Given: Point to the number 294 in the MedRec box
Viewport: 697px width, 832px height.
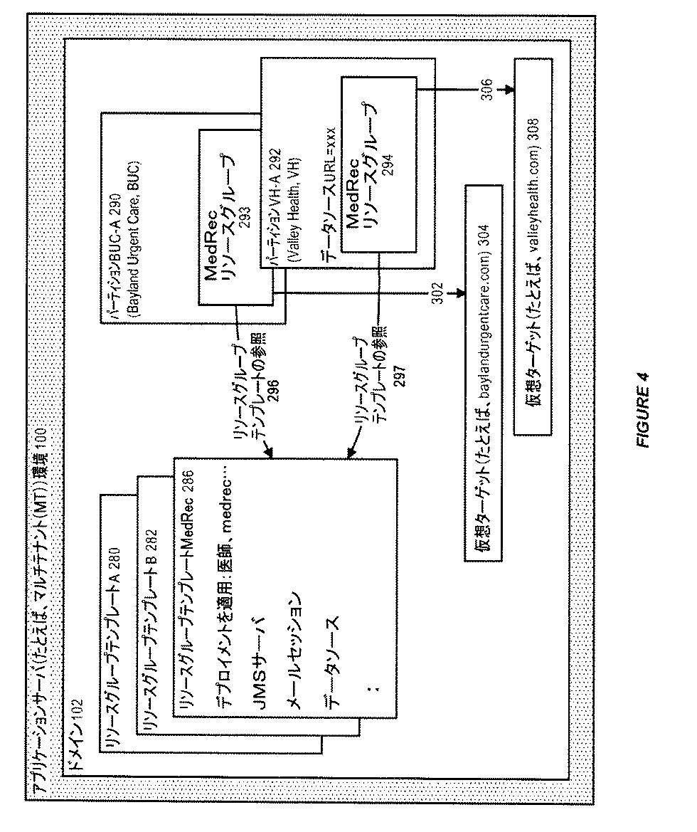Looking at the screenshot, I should tap(388, 165).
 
